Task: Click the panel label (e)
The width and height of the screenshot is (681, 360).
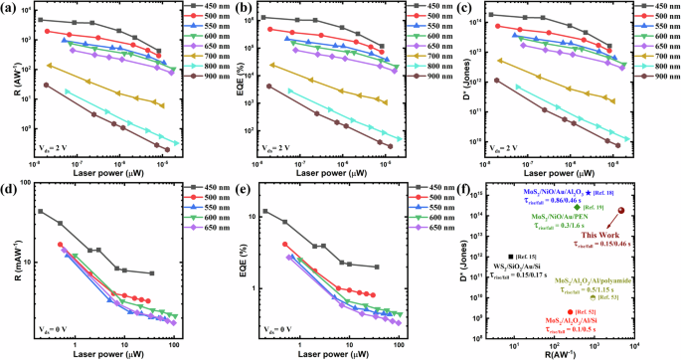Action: (239, 190)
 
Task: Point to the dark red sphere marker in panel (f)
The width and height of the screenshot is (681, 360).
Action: (622, 211)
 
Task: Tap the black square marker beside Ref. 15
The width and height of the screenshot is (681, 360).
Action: (511, 256)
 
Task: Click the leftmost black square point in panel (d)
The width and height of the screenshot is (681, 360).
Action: (40, 211)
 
